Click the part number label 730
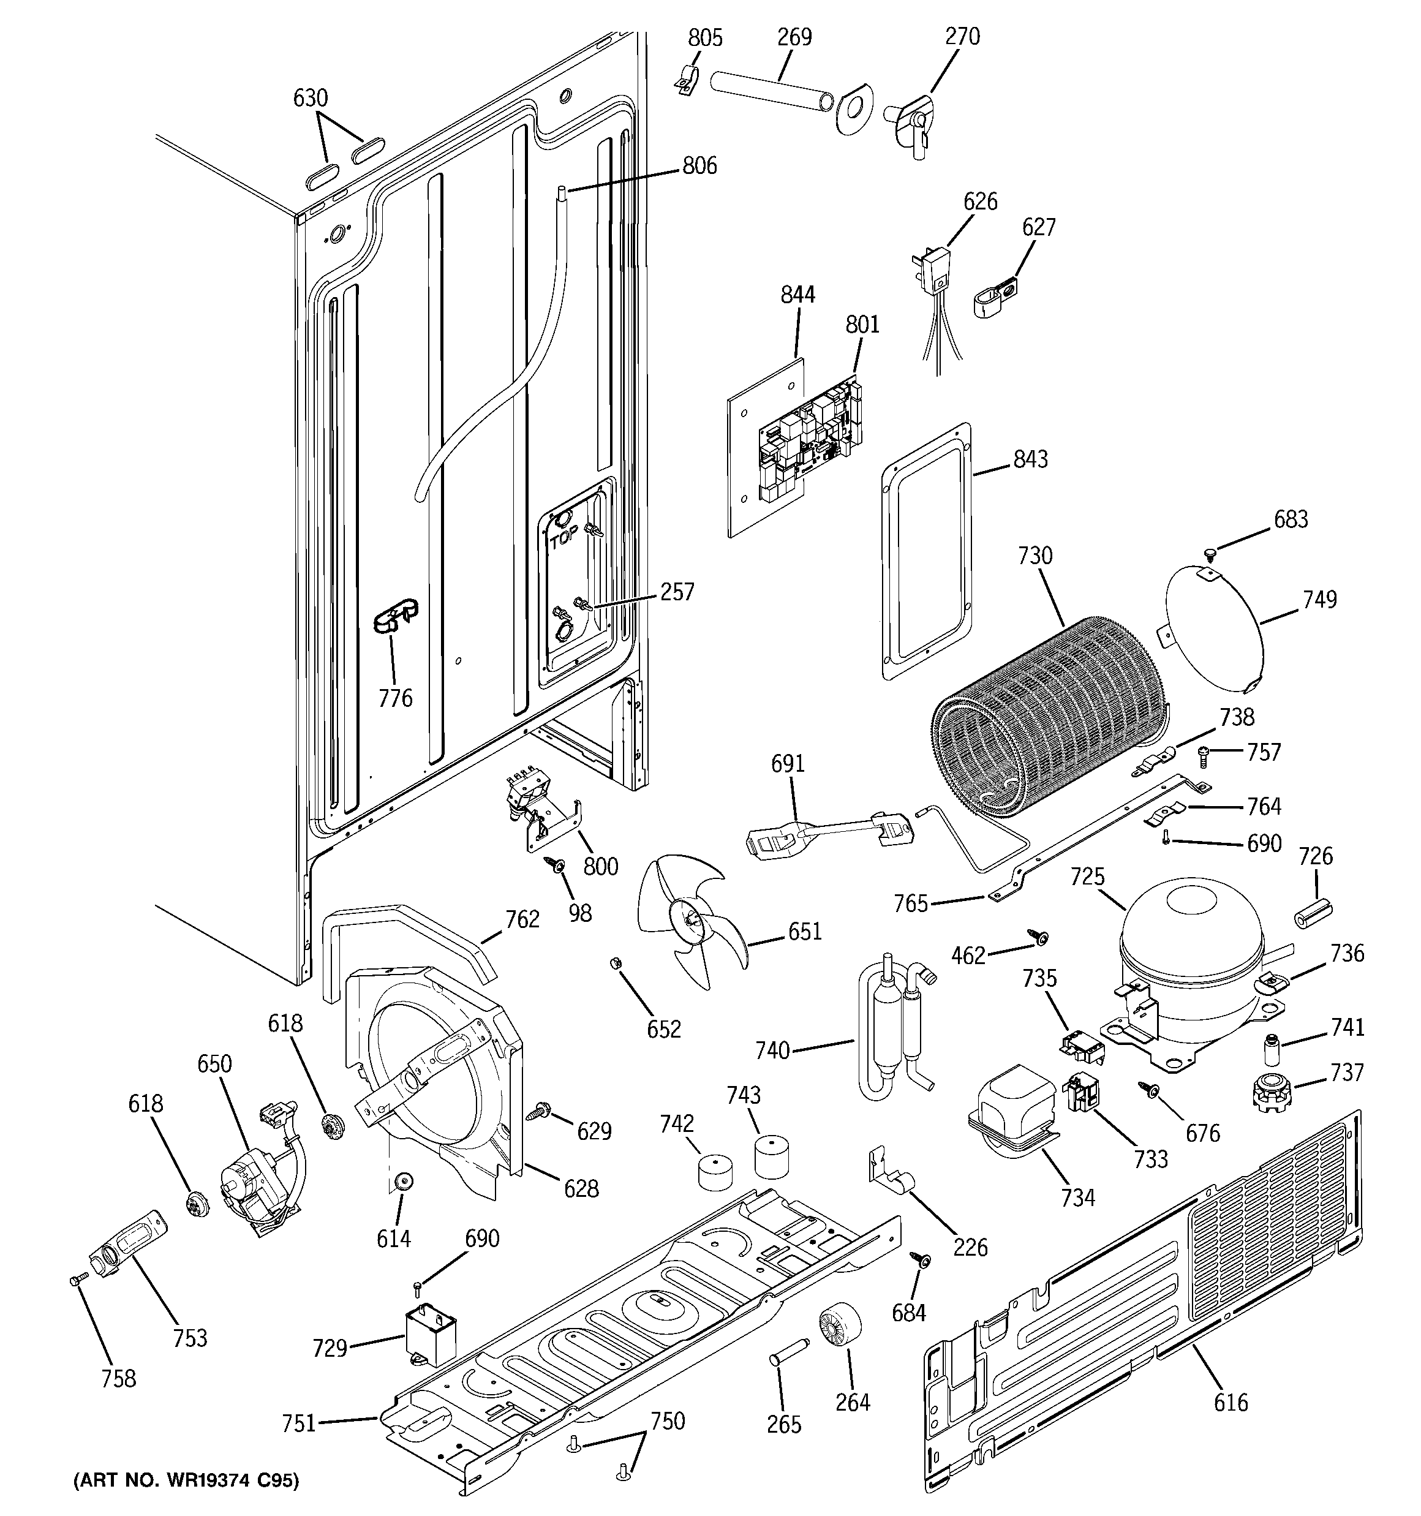[1035, 556]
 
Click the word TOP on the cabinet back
[563, 540]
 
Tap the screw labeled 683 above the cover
[1209, 551]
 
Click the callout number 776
[395, 698]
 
